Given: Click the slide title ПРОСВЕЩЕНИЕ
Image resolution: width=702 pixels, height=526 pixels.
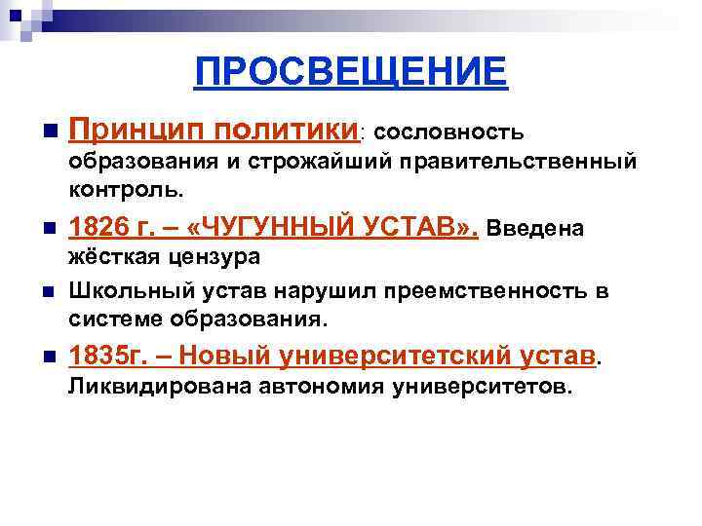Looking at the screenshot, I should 351,71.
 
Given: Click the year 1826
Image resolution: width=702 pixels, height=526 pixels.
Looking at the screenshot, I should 98,229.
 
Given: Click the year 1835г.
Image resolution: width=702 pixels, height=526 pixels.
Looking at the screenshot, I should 106,358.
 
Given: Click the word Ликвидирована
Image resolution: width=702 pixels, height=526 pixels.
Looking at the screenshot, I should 148,388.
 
